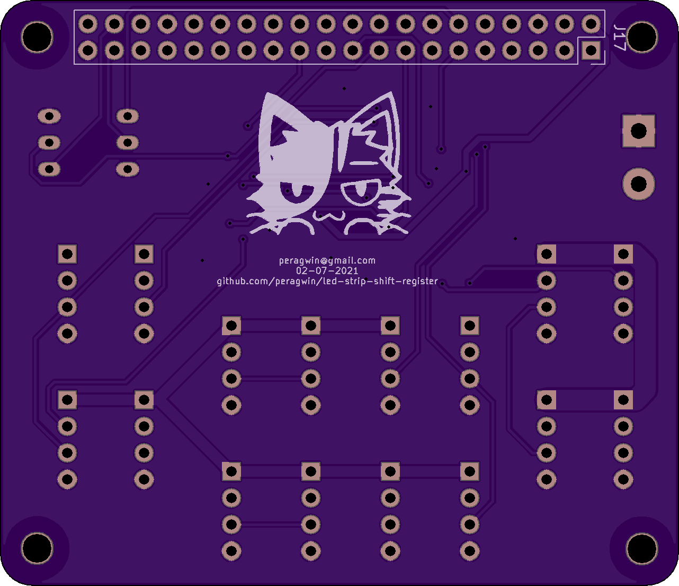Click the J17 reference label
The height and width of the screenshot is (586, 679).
point(620,37)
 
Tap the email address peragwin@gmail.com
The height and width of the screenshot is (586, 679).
point(327,261)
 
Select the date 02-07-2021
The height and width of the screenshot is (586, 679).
point(327,271)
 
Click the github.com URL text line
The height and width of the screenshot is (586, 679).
point(327,282)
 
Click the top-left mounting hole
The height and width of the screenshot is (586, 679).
point(37,37)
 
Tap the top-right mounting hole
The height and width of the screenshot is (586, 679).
point(642,37)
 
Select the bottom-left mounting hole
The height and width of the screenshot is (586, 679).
point(37,548)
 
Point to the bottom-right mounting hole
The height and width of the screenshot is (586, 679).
point(642,548)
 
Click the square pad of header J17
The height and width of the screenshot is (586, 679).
point(591,50)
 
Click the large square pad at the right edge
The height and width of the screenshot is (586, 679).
point(639,131)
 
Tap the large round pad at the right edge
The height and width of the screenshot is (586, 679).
point(639,183)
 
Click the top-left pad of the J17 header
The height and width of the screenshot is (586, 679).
point(88,24)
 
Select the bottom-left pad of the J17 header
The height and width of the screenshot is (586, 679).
point(88,50)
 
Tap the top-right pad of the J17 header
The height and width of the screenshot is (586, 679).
point(591,24)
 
